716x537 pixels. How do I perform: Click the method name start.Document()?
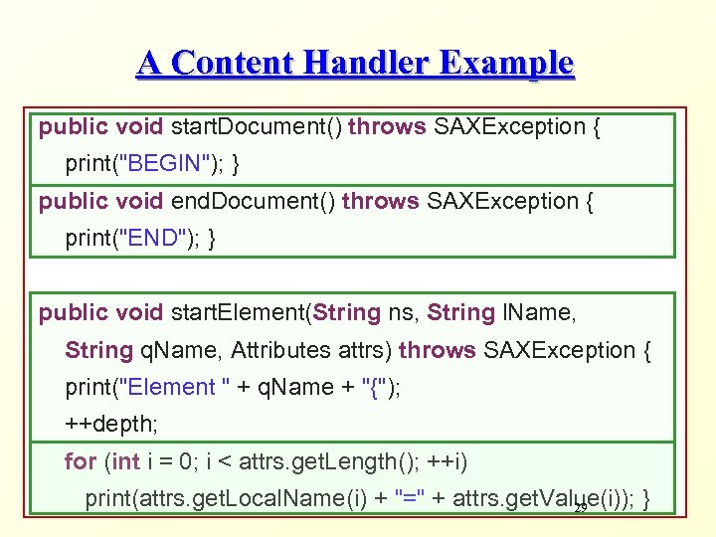click(257, 126)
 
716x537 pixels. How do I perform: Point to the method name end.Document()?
click(254, 201)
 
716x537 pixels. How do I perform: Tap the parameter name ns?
click(403, 313)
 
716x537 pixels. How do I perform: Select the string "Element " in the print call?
click(168, 387)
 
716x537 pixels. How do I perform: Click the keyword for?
click(81, 461)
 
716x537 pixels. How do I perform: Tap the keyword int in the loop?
click(125, 461)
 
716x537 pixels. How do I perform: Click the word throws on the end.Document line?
click(380, 201)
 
